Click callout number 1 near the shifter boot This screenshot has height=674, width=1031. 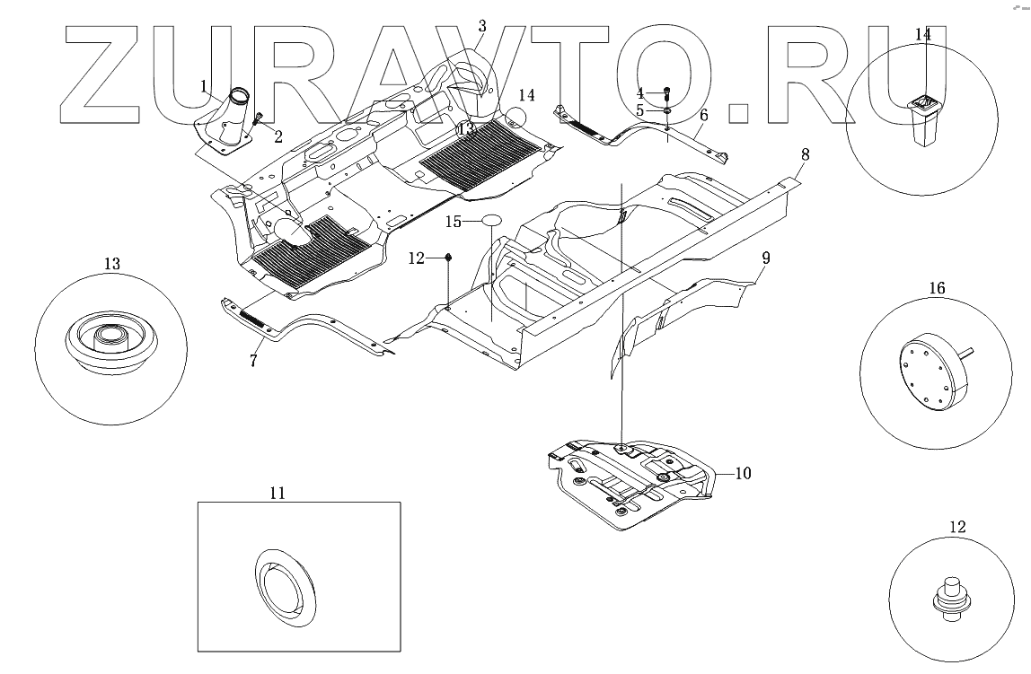point(205,86)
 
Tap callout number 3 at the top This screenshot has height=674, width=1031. point(481,25)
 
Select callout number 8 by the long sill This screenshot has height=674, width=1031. point(806,154)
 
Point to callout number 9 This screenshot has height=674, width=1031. point(765,258)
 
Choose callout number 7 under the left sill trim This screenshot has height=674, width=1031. point(254,361)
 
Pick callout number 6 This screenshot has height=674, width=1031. point(703,115)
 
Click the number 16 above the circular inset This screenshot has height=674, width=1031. point(937,289)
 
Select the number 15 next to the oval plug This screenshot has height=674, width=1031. point(454,220)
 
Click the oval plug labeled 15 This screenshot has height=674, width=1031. point(491,219)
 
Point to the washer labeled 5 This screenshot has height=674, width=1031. point(668,110)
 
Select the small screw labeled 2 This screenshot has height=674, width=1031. point(259,119)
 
